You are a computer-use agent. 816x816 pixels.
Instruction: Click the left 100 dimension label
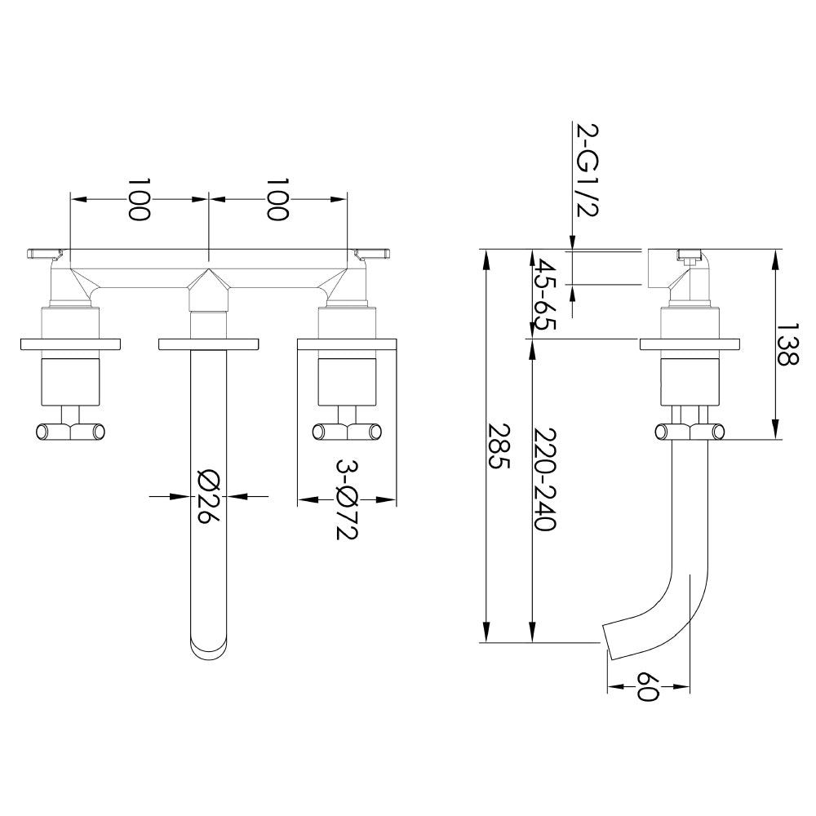[140, 199]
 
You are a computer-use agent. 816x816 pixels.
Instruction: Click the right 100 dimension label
[278, 199]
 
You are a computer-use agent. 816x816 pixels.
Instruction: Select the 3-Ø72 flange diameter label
[347, 499]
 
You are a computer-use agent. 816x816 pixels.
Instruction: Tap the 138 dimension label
[787, 344]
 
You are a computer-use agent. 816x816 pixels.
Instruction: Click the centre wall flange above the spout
[209, 344]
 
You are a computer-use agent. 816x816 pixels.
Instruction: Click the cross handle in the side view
[690, 432]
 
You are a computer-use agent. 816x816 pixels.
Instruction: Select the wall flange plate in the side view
[690, 344]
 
